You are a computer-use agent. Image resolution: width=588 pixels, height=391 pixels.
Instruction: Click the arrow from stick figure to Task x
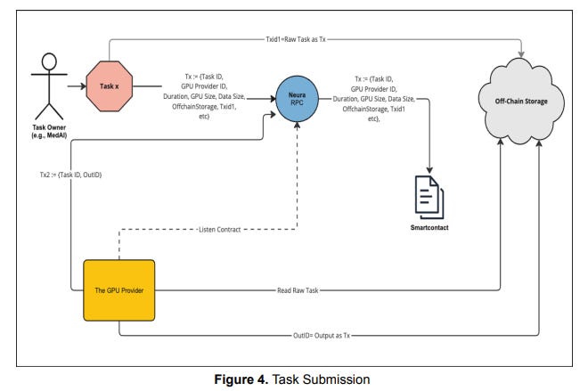click(71, 87)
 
